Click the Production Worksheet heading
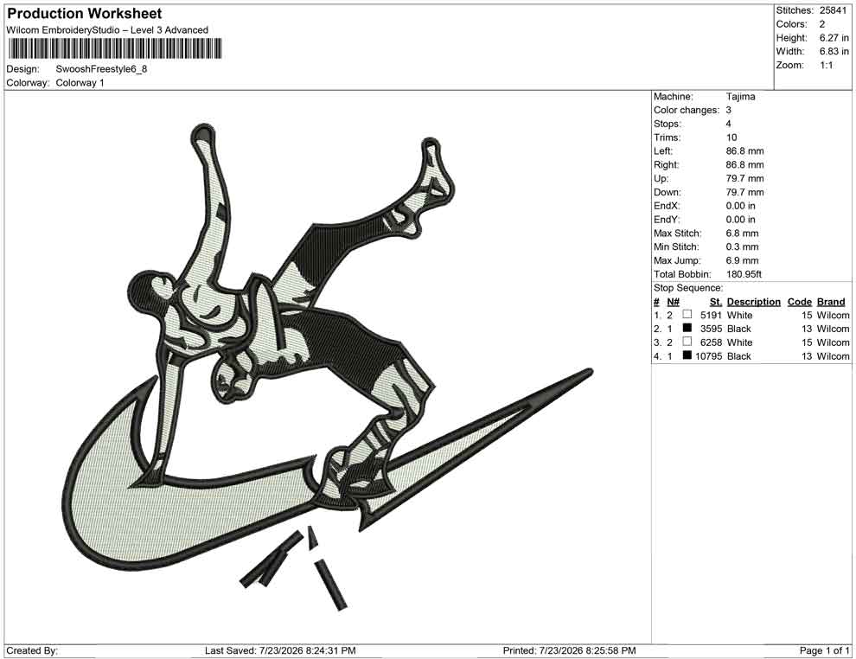click(85, 14)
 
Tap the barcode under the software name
click(114, 48)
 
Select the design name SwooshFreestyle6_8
click(101, 69)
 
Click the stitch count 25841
click(833, 10)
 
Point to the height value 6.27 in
click(834, 38)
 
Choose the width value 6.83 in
click(834, 51)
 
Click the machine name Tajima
click(740, 97)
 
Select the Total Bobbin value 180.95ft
click(744, 274)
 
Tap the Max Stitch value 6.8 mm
click(742, 234)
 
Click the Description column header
click(753, 302)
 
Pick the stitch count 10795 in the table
click(709, 356)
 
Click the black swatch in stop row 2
click(687, 328)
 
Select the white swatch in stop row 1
click(687, 314)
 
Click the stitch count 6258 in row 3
click(711, 342)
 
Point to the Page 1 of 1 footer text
click(824, 651)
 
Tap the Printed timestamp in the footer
click(587, 651)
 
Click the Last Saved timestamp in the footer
click(307, 651)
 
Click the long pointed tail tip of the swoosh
click(591, 372)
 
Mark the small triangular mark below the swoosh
click(312, 537)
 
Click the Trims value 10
click(731, 138)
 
